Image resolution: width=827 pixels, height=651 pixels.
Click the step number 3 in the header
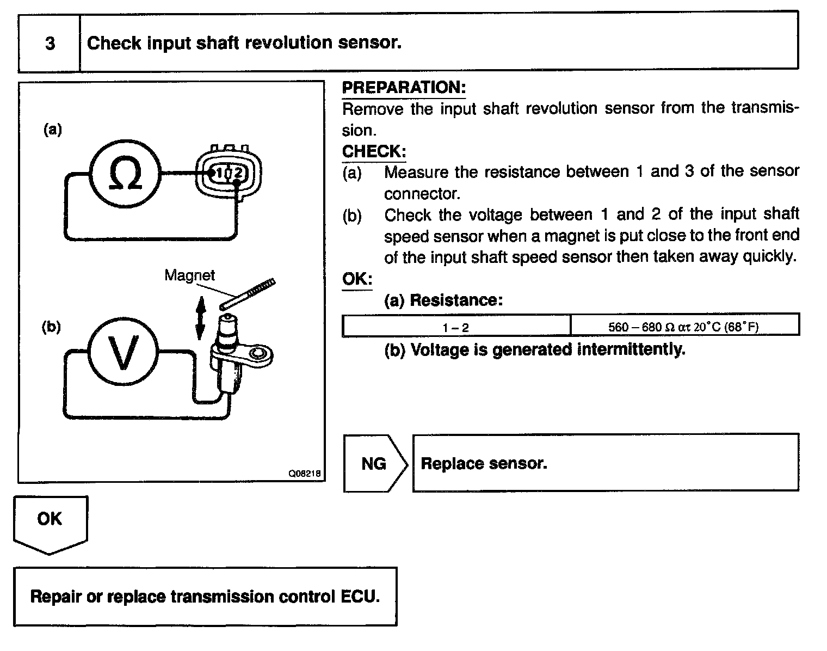[x=50, y=43]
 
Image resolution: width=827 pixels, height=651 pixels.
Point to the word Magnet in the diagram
[x=189, y=275]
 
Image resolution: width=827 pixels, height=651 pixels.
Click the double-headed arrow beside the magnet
[x=200, y=317]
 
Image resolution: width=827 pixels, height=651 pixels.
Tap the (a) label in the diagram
[x=53, y=130]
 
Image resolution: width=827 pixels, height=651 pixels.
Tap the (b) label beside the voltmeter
[x=51, y=327]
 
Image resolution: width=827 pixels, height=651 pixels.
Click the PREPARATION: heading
[x=404, y=88]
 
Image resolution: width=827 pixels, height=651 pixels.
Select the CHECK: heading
[x=374, y=151]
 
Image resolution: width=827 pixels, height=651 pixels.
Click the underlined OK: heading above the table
[x=357, y=279]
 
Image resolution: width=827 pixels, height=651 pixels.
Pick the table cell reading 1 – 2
[x=456, y=327]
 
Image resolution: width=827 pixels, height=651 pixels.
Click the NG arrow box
[x=375, y=464]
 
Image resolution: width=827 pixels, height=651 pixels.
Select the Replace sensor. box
[x=605, y=463]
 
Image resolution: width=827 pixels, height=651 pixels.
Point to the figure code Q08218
[x=305, y=474]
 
